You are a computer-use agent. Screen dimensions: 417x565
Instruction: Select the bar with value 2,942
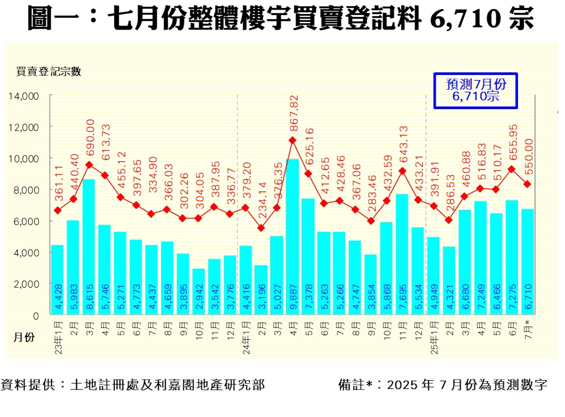pyautogui.click(x=199, y=292)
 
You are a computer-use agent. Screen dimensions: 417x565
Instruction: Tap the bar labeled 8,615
pyautogui.click(x=89, y=247)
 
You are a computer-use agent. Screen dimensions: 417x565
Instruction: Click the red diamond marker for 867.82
pyautogui.click(x=293, y=140)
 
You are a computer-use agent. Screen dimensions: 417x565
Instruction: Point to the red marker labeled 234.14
pyautogui.click(x=261, y=228)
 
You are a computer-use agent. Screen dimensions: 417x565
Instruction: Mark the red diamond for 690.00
pyautogui.click(x=89, y=165)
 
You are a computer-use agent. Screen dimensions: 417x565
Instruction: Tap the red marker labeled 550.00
pyautogui.click(x=528, y=184)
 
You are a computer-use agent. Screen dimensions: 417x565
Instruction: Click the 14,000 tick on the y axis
pyautogui.click(x=23, y=96)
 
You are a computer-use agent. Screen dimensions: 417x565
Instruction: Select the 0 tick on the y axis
pyautogui.click(x=36, y=316)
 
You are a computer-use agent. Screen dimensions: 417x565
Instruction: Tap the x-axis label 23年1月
pyautogui.click(x=58, y=336)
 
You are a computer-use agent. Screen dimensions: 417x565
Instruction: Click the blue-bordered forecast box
pyautogui.click(x=475, y=90)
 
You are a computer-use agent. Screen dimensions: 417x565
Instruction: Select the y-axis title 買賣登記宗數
pyautogui.click(x=49, y=72)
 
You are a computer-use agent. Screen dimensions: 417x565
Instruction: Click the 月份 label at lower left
pyautogui.click(x=24, y=337)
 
